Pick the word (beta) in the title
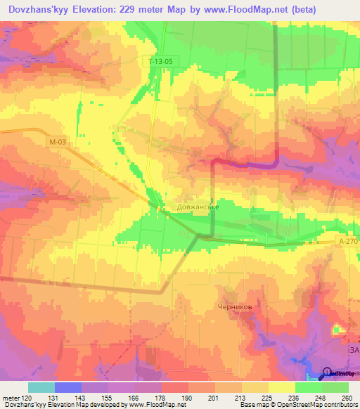300,10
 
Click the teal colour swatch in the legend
41,387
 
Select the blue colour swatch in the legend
68,387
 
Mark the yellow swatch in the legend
281,387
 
